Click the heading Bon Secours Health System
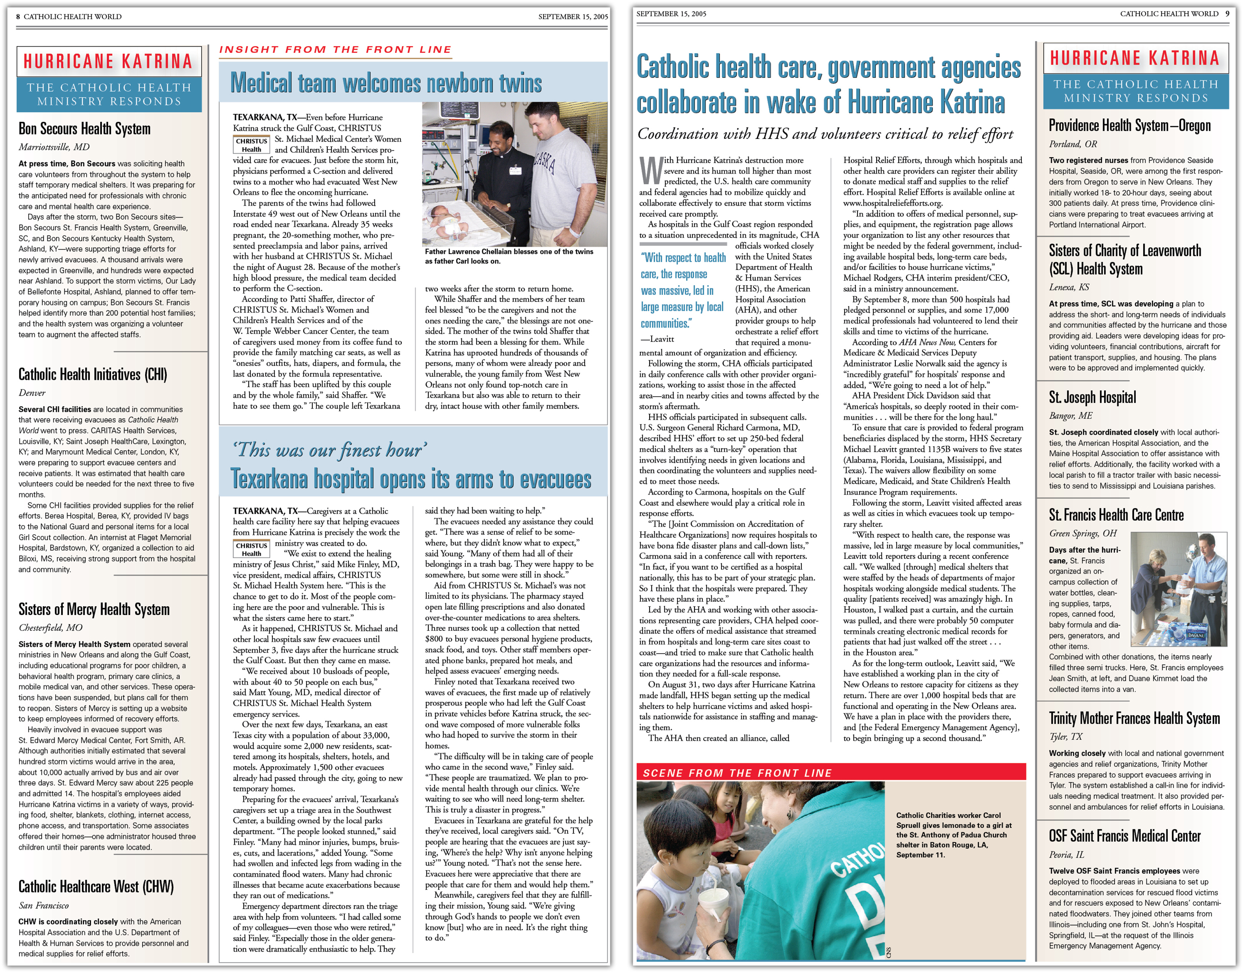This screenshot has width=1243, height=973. click(84, 129)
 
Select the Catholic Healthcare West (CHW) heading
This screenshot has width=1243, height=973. click(96, 886)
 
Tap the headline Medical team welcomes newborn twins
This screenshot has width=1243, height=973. click(386, 83)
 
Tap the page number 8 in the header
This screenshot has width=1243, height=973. click(18, 17)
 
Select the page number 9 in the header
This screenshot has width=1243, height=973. click(1227, 14)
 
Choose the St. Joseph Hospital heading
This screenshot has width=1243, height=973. click(1092, 397)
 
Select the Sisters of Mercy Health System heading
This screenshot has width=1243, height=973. click(94, 609)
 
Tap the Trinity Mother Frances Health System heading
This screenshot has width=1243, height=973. click(1134, 718)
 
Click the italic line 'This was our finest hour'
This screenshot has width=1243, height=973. click(330, 450)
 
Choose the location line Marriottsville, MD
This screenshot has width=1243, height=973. click(54, 147)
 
